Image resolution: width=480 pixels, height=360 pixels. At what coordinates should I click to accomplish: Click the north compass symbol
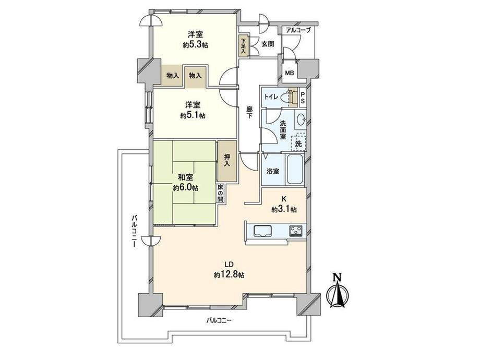click(338, 292)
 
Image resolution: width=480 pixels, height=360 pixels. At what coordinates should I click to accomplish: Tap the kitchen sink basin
click(261, 231)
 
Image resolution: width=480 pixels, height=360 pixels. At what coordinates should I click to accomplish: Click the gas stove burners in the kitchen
click(295, 230)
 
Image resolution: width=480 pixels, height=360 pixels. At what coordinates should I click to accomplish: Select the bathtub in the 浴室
click(295, 170)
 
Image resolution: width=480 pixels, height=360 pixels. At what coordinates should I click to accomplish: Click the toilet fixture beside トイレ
click(287, 97)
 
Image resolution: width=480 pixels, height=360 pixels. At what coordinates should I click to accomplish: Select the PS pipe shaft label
click(303, 98)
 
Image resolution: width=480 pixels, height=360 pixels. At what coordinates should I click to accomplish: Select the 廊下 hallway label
click(250, 112)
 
